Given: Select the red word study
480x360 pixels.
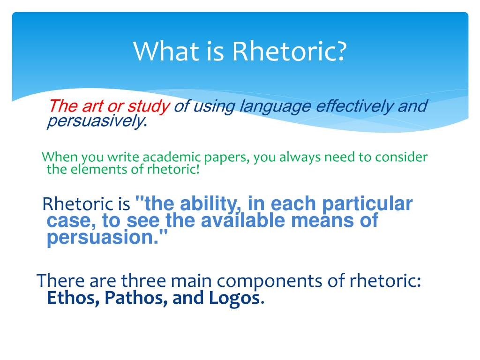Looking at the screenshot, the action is click(149, 107).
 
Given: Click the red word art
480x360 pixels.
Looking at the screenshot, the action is click(93, 106).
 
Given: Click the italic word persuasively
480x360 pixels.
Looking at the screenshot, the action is click(95, 121).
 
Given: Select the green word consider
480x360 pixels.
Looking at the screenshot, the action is click(401, 157).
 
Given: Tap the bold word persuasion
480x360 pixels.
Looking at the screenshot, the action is click(103, 238).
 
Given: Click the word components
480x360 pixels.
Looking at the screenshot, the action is click(270, 281).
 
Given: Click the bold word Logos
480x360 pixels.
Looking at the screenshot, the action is click(234, 298).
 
